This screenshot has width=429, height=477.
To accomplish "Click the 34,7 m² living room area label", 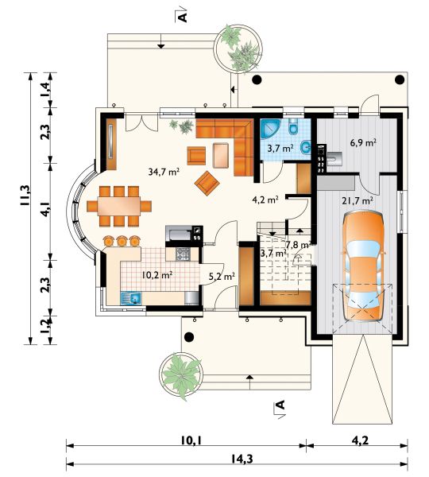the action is point(164,172).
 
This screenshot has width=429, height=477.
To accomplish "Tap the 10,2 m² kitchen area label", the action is point(157,275).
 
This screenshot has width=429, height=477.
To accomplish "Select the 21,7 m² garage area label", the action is point(357,201).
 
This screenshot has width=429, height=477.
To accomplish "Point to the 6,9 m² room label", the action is point(363,142).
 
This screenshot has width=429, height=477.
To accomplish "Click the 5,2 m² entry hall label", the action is point(222,277).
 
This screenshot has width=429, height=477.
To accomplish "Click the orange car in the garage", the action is point(363,266).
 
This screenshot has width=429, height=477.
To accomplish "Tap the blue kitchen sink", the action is point(131,298).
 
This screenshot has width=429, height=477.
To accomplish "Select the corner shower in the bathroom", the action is point(270,129).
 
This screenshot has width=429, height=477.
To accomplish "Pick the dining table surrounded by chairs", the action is point(119,206).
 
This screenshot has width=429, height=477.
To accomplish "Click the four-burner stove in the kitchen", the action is point(184,254).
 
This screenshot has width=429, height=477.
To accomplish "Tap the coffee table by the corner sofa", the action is point(221,156).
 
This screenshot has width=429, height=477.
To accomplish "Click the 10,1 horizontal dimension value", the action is point(192,440).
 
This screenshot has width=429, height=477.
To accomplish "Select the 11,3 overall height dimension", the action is point(25,196).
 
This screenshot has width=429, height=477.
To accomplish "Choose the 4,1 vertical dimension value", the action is point(44,208).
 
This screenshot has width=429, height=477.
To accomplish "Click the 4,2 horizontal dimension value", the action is point(360,440).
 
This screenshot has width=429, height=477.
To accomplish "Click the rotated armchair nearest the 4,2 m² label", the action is point(207,183).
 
